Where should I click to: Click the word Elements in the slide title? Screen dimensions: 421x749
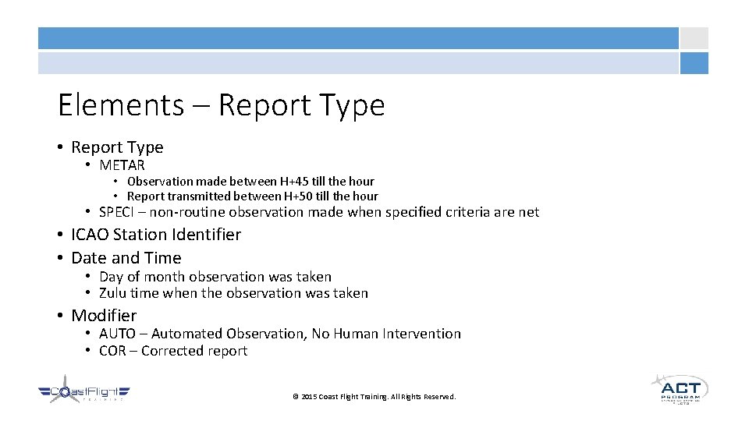pyautogui.click(x=120, y=104)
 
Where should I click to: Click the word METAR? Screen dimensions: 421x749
pyautogui.click(x=122, y=165)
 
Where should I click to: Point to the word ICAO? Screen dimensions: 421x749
pyautogui.click(x=92, y=235)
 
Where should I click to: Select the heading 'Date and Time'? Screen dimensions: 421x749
pyautogui.click(x=126, y=258)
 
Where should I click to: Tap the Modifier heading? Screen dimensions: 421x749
pyautogui.click(x=104, y=316)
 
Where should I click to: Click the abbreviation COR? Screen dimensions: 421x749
pyautogui.click(x=112, y=351)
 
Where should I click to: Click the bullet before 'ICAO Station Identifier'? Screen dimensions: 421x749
pyautogui.click(x=60, y=235)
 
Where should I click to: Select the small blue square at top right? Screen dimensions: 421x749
pyautogui.click(x=694, y=63)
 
